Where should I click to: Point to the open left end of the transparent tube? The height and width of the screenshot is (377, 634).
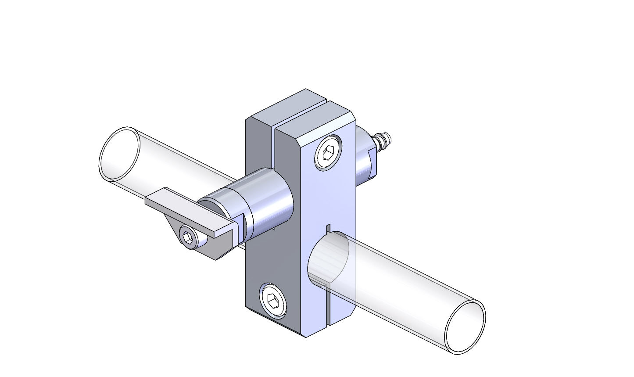click(119, 154)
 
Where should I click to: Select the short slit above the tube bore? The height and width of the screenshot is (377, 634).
click(328, 228)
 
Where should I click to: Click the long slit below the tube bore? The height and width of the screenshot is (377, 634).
click(328, 305)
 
